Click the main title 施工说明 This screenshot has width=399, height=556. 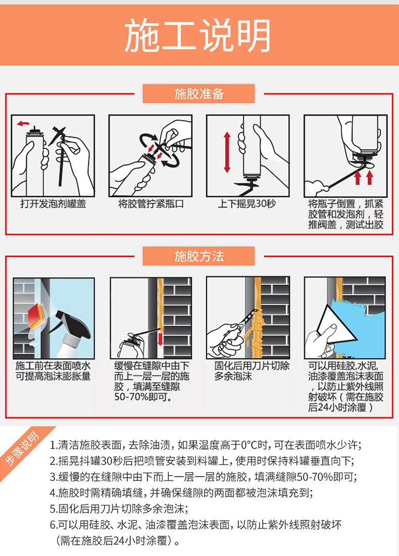[197, 36]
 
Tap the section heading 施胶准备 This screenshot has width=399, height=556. [199, 94]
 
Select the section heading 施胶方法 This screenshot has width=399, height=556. [199, 256]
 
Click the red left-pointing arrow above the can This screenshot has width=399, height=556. [23, 124]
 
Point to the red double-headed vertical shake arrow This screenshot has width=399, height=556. [227, 152]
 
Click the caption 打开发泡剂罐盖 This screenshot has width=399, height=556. [53, 204]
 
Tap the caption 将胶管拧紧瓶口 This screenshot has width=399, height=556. [151, 204]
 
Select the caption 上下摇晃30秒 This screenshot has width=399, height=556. [247, 204]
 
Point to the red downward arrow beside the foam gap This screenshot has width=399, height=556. [160, 339]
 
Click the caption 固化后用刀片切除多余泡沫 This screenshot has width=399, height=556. [252, 371]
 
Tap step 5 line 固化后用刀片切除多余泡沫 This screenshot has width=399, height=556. [119, 509]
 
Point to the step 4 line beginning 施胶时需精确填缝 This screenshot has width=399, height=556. [181, 493]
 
